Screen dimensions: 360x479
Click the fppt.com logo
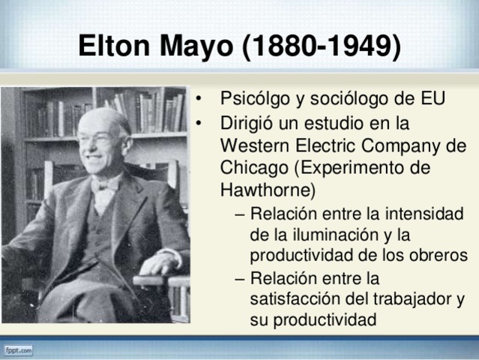click(x=19, y=350)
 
